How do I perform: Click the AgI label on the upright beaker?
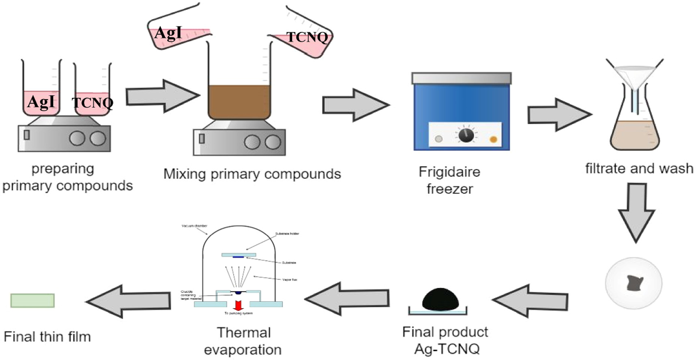[x=41, y=102]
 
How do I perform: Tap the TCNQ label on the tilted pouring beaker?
[x=307, y=37]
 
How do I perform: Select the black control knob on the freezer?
[x=466, y=135]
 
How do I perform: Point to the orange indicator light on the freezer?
[x=493, y=139]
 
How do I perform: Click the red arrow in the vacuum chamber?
[x=238, y=305]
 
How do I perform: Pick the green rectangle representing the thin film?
[x=32, y=300]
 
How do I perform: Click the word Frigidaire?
[x=449, y=172]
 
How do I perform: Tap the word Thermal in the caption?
[x=243, y=332]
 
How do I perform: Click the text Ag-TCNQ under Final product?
[x=447, y=349]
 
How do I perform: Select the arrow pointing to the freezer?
[x=355, y=105]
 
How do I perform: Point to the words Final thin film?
[x=47, y=336]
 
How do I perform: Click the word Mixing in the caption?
[x=185, y=174]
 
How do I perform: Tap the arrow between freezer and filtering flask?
[x=559, y=115]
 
